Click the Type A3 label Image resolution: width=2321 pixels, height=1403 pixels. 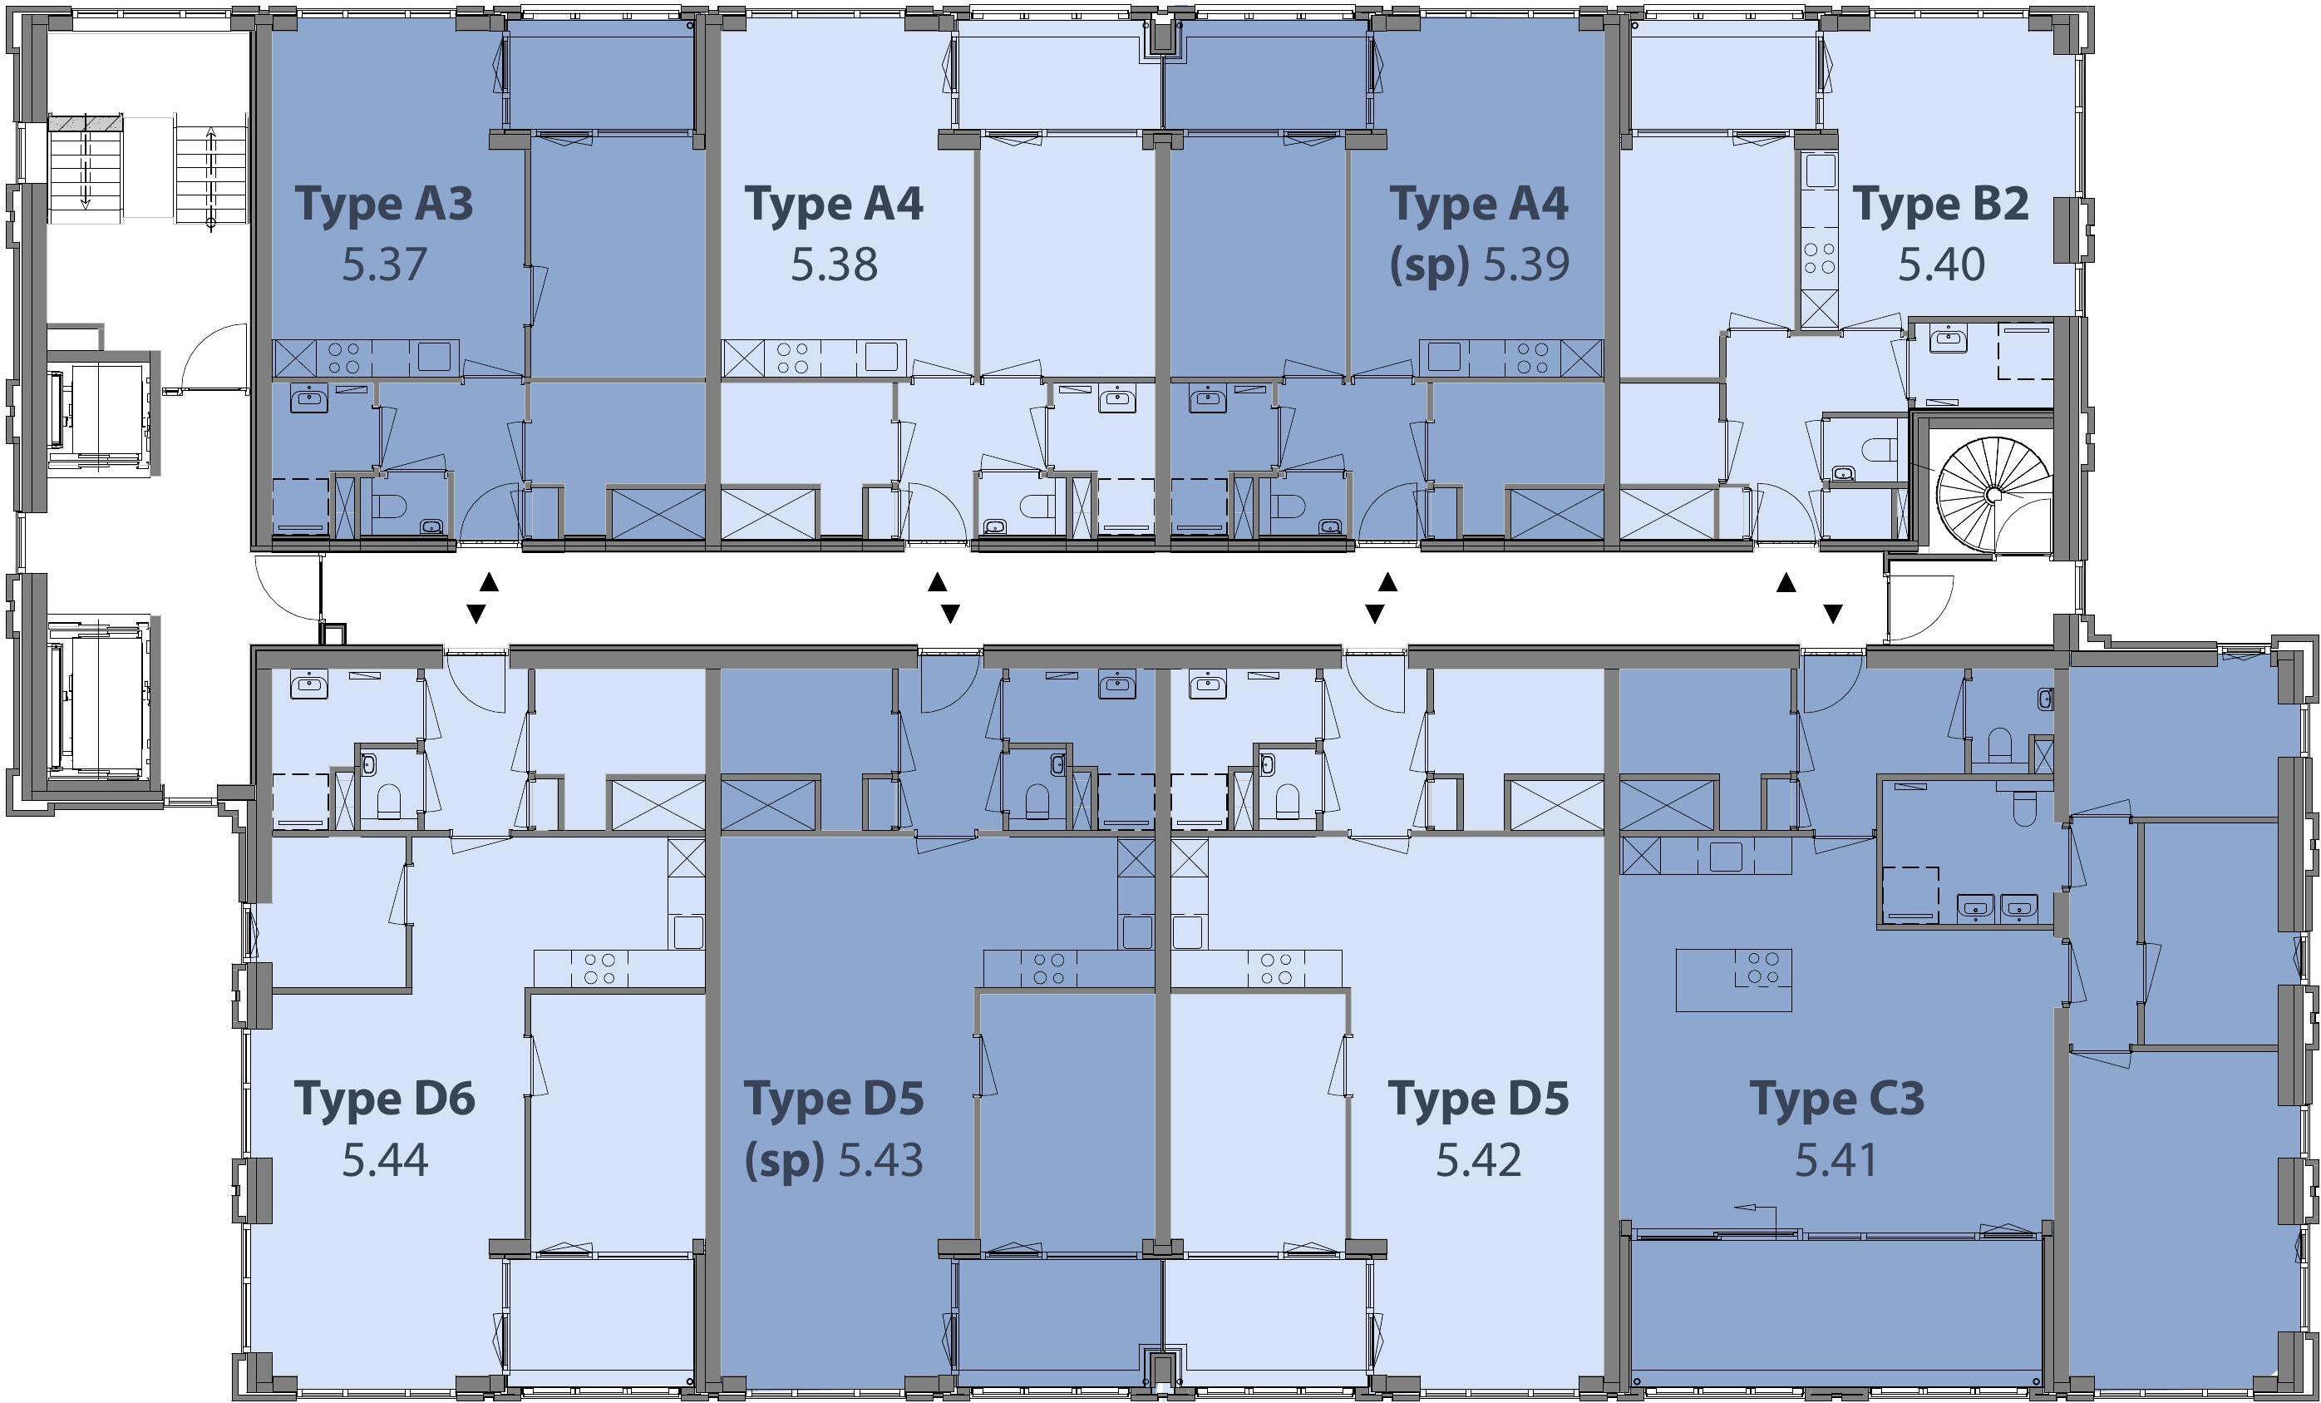pos(383,205)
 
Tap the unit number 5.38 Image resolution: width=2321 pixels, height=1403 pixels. pos(834,264)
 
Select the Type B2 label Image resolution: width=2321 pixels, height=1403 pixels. pos(1940,205)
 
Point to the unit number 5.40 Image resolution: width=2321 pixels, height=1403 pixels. pos(1940,264)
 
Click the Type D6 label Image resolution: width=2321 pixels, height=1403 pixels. pos(384,1099)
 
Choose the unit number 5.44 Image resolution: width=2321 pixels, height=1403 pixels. pos(384,1160)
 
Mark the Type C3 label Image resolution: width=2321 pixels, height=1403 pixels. pos(1837,1099)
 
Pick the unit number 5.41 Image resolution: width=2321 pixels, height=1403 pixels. pos(1837,1160)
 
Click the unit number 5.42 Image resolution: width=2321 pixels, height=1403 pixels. pos(1478,1160)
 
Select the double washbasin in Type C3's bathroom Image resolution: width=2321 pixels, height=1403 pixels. pos(1997,907)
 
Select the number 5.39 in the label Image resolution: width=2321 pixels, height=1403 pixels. pos(1527,264)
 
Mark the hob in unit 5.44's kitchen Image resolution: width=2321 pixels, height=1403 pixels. pos(599,969)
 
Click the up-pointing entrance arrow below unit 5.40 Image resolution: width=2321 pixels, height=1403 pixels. pos(1786,583)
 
